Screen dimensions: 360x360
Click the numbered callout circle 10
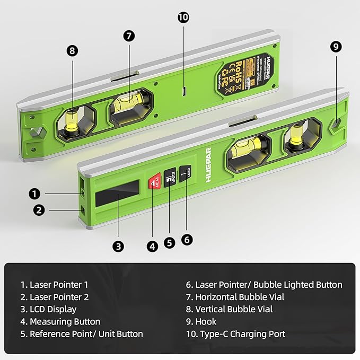(x=183, y=17)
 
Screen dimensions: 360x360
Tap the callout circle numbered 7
(x=129, y=36)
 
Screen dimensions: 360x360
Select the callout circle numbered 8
(x=73, y=51)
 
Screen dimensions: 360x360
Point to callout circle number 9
(x=335, y=47)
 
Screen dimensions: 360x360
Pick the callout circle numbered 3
(x=119, y=246)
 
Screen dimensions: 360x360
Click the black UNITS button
(x=170, y=179)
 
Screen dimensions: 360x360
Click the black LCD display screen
(x=118, y=192)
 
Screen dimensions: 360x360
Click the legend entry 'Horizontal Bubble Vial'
(x=235, y=297)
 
